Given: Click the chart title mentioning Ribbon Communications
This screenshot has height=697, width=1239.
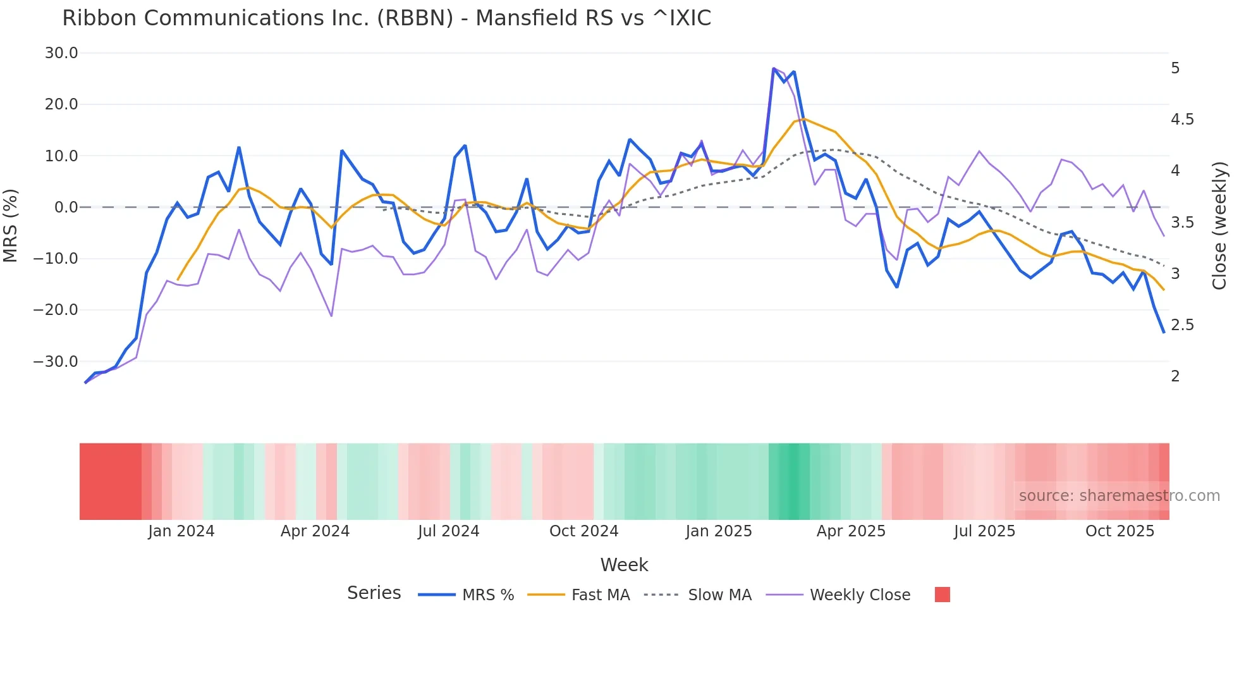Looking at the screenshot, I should (386, 18).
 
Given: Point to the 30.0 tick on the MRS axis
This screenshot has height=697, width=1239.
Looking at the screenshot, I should (61, 53).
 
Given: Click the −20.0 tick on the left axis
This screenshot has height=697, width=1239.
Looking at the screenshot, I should (56, 310).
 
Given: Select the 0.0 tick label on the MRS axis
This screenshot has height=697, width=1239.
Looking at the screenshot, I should (66, 207).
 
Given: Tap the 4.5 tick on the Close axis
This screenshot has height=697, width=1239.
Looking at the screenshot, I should (1182, 120).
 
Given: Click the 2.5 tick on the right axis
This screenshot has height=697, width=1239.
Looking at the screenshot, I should (1182, 325).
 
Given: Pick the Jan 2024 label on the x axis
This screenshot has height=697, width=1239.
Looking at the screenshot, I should (181, 531).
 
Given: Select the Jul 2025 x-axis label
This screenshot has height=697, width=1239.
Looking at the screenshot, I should (984, 531).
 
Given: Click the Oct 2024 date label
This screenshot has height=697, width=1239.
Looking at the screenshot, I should (583, 531).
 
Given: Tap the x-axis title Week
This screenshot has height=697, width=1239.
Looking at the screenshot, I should (624, 565).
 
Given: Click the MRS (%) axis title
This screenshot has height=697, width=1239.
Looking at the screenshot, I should (11, 225).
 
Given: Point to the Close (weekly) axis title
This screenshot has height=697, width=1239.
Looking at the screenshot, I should (1219, 225).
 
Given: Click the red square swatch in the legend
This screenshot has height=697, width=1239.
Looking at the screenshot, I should (942, 595).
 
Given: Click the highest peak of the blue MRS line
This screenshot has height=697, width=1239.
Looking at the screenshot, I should (774, 68).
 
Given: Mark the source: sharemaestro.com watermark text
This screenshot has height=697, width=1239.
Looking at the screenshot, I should (1119, 496).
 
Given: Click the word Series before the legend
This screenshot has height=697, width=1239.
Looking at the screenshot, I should (374, 593).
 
